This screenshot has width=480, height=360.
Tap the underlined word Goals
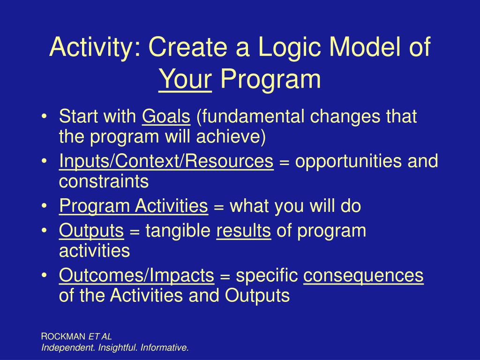pyautogui.click(x=166, y=117)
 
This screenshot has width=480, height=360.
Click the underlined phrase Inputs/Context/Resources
pyautogui.click(x=166, y=161)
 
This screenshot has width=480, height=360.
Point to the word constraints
pyautogui.click(x=104, y=181)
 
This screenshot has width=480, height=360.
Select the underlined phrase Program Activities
pyautogui.click(x=134, y=206)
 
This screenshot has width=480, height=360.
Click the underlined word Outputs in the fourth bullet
pyautogui.click(x=91, y=231)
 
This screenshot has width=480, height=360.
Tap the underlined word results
pyautogui.click(x=244, y=231)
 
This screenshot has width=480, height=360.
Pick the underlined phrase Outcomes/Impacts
pyautogui.click(x=136, y=276)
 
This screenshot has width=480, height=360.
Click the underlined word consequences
pyautogui.click(x=363, y=276)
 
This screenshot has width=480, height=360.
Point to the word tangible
pyautogui.click(x=178, y=231)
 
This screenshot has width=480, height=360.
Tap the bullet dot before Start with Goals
pyautogui.click(x=45, y=117)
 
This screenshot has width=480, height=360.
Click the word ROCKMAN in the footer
pyautogui.click(x=63, y=337)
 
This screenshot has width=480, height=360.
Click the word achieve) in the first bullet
pyautogui.click(x=231, y=136)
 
